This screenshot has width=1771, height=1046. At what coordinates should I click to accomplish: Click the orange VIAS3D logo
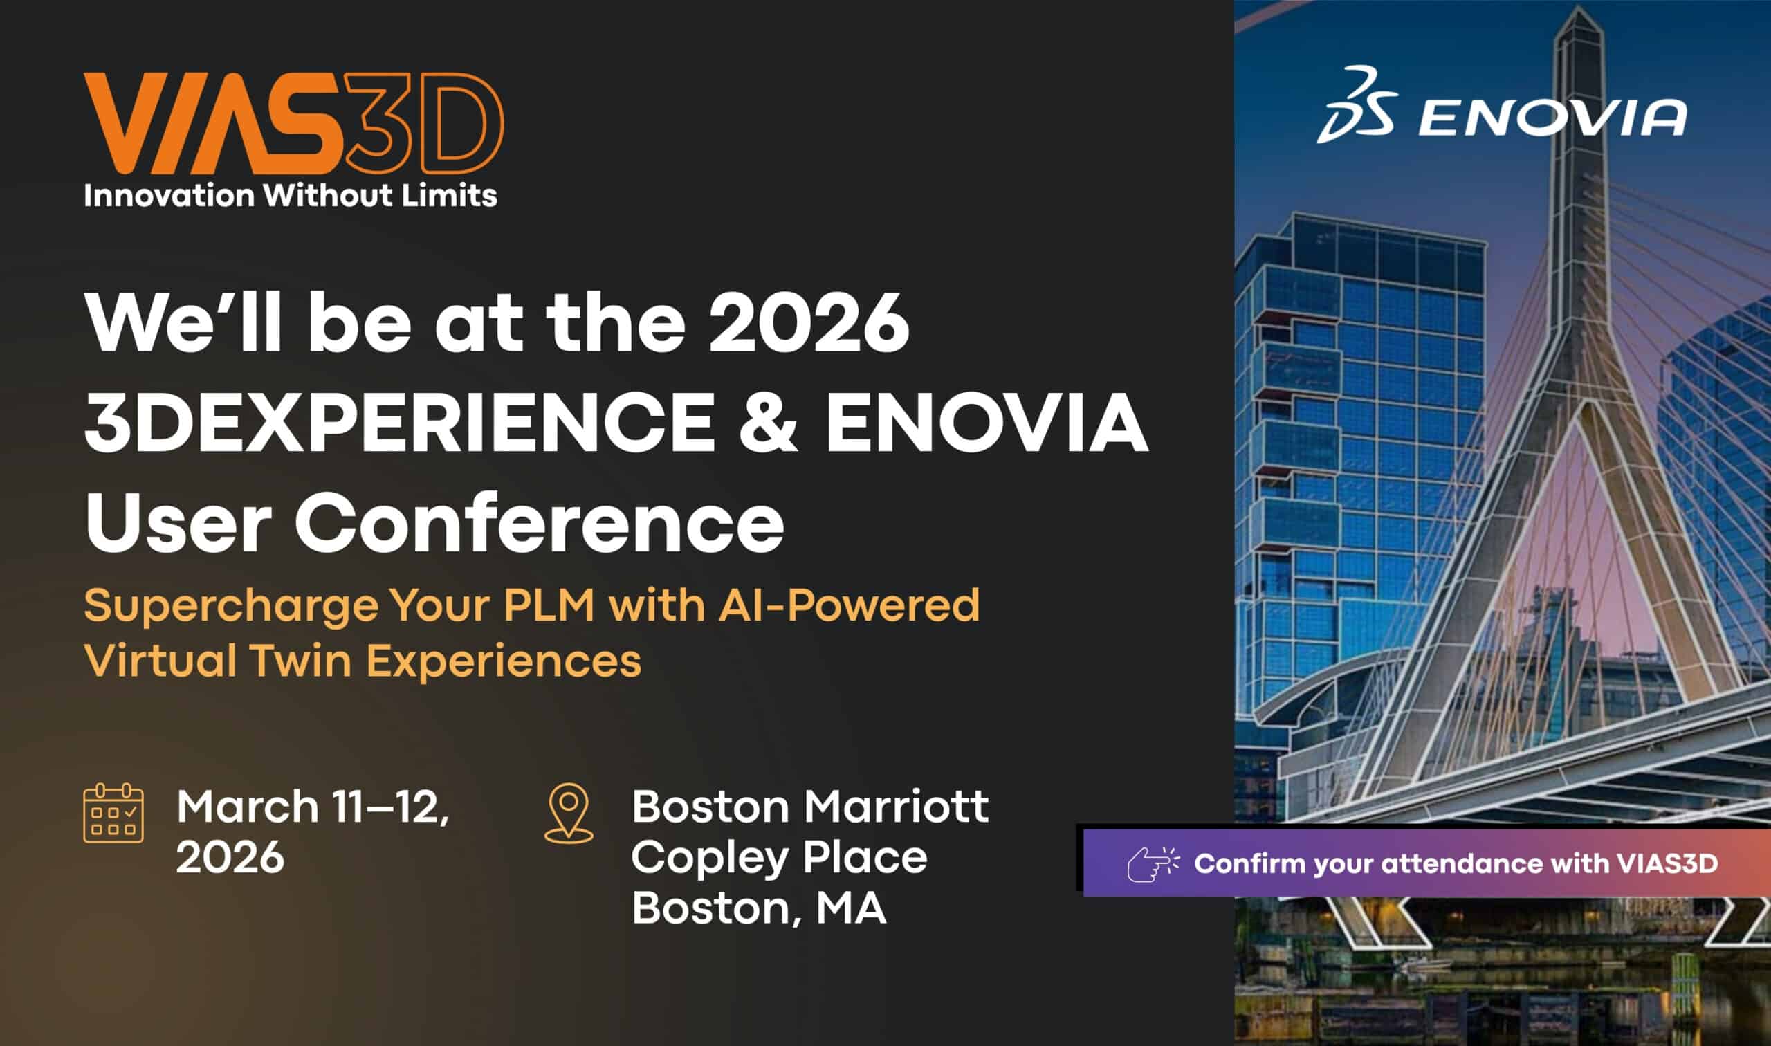point(293,124)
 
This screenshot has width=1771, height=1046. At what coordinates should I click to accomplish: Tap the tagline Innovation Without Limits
point(291,194)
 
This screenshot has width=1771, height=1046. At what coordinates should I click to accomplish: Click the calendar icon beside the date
point(113,813)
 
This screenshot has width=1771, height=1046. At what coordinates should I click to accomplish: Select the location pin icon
point(569,813)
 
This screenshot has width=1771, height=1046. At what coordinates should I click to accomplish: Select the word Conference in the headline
point(540,524)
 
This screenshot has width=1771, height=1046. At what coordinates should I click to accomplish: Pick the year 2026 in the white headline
point(808,324)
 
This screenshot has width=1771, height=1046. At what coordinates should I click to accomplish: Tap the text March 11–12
point(313,807)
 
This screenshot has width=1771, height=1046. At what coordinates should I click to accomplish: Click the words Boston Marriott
point(809,807)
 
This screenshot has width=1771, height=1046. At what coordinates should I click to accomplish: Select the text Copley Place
point(779,857)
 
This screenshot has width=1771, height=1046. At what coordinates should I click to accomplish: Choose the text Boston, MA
point(758,908)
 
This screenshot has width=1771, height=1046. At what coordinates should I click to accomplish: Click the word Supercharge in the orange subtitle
point(231,605)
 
